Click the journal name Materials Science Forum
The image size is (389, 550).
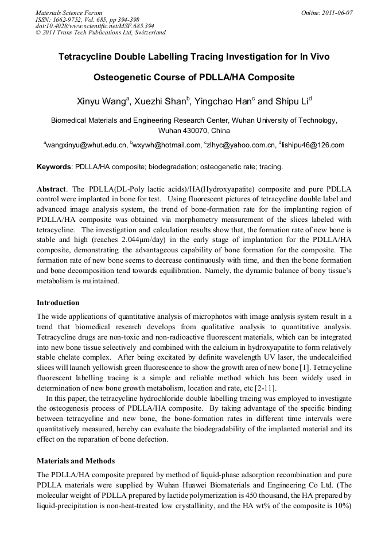click(x=69, y=12)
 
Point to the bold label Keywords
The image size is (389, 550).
click(x=53, y=167)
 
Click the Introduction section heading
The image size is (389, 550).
click(x=58, y=302)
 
